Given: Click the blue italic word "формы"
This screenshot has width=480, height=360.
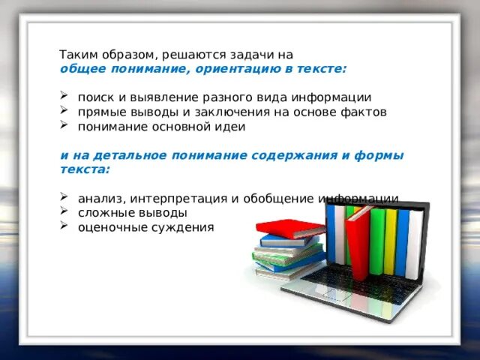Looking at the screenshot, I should click(383, 155).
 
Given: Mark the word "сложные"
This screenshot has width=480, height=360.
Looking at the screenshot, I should click(103, 213).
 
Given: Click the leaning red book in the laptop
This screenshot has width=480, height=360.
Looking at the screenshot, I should click(358, 240).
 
